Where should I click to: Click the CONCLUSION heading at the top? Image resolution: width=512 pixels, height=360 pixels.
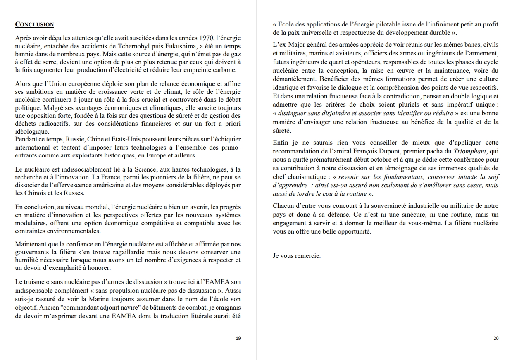(34, 24)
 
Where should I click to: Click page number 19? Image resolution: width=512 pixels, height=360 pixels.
(238, 338)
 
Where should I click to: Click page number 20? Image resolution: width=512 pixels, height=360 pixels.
(496, 338)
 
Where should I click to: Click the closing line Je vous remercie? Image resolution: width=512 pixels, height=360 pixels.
(296, 256)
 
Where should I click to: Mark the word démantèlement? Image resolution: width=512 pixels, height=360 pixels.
(296, 79)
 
